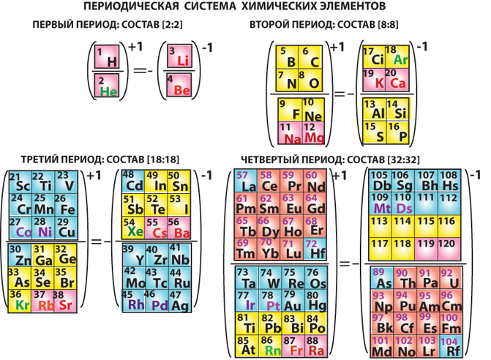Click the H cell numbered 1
(108, 57)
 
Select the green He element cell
(108, 87)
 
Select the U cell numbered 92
(452, 277)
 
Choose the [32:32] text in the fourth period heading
(396, 159)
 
